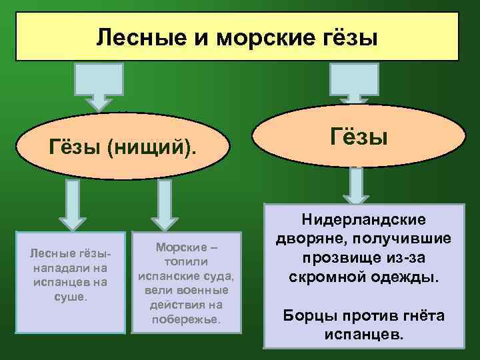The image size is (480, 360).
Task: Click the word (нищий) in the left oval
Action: [x=157, y=145]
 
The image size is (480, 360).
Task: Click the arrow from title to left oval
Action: [x=99, y=85]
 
